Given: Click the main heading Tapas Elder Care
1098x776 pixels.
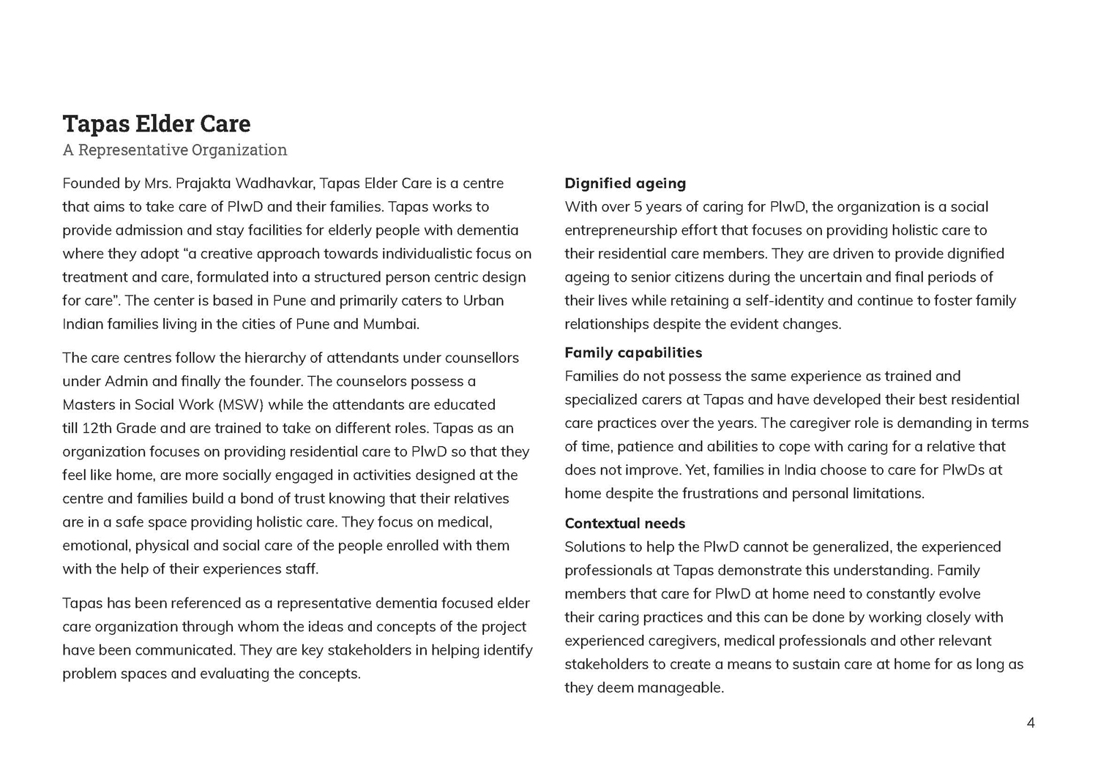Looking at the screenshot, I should click(156, 124).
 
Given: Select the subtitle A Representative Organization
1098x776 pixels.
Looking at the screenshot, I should click(174, 150).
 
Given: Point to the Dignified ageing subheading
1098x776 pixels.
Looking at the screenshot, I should click(625, 184).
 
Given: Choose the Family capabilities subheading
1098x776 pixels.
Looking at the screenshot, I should click(633, 353).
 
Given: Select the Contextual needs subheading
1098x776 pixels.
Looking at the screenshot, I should click(624, 524).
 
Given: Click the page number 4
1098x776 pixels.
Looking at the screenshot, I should click(1031, 723).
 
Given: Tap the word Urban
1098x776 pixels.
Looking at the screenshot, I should click(483, 301).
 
